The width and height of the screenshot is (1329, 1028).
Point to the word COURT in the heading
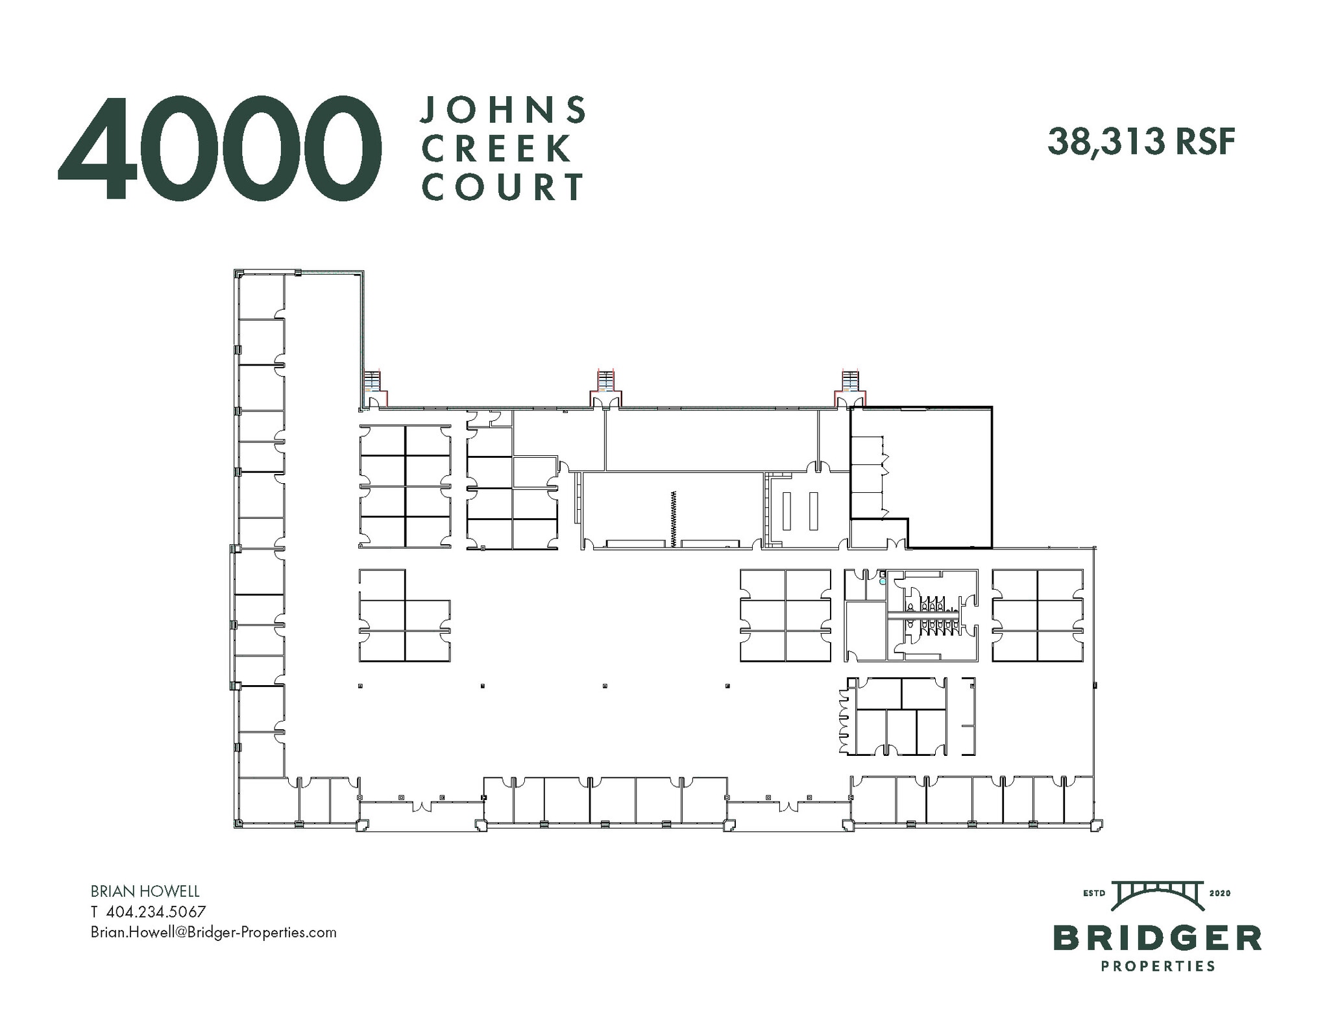(x=504, y=187)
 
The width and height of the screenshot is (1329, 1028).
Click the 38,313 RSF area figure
(x=1141, y=142)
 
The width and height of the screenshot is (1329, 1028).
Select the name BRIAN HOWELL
(x=145, y=892)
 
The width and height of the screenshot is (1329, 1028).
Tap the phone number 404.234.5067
(x=156, y=912)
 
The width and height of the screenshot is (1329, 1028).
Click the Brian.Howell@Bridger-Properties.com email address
(x=213, y=933)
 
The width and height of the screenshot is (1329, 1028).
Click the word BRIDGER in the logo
(x=1158, y=938)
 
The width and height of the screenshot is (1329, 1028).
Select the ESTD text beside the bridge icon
(x=1095, y=894)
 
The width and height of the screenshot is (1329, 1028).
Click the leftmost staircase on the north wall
(x=373, y=381)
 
